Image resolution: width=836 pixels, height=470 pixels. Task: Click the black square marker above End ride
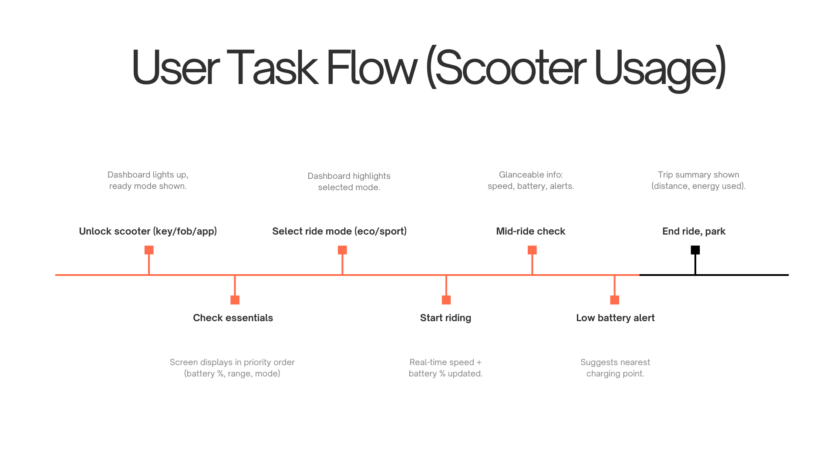pos(695,250)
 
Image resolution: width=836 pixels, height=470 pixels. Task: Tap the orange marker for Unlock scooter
pos(149,250)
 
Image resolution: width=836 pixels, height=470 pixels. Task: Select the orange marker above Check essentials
pos(235,300)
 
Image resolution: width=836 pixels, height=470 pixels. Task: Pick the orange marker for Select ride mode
pos(342,250)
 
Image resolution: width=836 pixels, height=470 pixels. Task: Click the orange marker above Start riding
pos(446,300)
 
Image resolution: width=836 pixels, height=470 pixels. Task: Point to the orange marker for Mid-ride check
pos(532,250)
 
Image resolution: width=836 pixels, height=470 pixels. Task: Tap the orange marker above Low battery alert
pos(614,300)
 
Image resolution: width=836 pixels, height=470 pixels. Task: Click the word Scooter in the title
pos(510,68)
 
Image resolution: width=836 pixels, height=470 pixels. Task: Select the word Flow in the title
pos(371,68)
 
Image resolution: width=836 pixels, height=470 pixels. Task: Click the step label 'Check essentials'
pos(233,318)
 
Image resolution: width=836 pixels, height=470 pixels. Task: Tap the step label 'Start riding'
pos(445,318)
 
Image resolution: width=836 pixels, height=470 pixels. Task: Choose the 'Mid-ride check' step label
pos(530,232)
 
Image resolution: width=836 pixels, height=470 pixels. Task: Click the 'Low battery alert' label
pos(615,318)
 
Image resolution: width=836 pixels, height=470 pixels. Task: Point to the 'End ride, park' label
pos(694,232)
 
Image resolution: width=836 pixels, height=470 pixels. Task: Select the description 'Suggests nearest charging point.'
pos(615,368)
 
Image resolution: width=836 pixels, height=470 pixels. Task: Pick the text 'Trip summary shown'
pos(698,175)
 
